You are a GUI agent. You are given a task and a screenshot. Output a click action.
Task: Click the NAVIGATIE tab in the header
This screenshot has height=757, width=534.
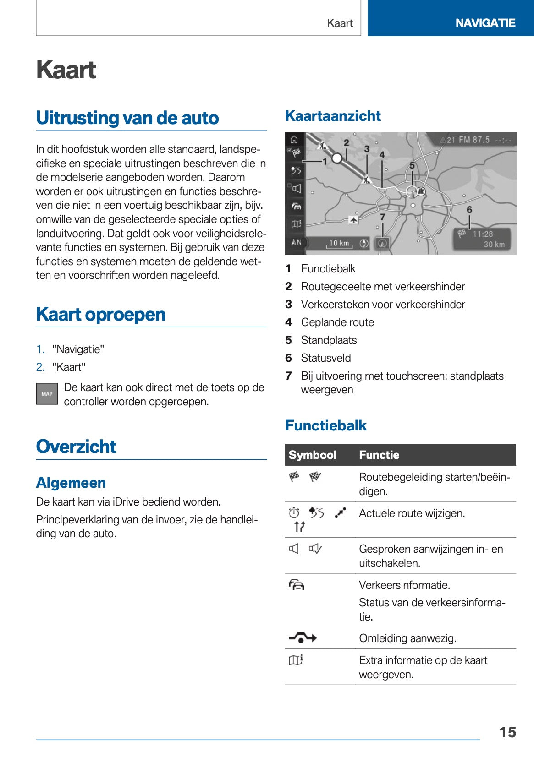[x=485, y=23]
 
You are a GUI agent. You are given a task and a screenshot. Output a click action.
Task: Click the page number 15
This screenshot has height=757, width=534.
[x=507, y=732]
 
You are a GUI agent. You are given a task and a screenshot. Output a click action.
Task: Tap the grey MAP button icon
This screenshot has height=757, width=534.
[x=47, y=394]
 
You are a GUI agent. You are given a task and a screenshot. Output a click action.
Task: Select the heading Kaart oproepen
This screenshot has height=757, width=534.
[x=101, y=315]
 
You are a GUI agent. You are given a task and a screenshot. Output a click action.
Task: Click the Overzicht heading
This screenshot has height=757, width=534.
[x=76, y=447]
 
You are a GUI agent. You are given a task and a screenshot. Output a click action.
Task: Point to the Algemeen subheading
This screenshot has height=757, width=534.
[x=71, y=483]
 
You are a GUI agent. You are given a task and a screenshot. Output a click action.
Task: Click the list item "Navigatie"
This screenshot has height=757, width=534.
[x=78, y=349]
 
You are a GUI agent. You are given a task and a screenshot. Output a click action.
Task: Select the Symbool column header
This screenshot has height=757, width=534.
[x=313, y=455]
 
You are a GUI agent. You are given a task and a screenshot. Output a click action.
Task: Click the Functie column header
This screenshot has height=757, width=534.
[x=379, y=455]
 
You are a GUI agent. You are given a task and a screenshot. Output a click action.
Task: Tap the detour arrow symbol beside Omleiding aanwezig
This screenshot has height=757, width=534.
[x=303, y=638]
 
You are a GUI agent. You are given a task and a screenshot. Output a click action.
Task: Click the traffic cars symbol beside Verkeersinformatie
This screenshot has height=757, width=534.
[x=297, y=585]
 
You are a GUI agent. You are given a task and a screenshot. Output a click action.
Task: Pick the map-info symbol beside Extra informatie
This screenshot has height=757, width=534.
[x=296, y=660]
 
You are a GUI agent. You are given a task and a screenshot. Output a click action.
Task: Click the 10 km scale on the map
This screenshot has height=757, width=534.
[x=339, y=243]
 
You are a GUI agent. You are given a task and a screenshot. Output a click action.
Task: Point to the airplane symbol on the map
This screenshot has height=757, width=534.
[x=353, y=220]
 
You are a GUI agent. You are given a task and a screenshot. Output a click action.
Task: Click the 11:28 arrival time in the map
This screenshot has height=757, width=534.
[x=483, y=234]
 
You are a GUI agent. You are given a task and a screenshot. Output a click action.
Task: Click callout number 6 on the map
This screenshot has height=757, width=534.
[x=469, y=210]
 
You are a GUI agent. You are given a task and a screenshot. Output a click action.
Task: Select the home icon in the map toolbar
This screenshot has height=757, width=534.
[x=294, y=140]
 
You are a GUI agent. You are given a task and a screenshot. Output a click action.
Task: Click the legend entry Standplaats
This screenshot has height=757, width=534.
[x=329, y=340]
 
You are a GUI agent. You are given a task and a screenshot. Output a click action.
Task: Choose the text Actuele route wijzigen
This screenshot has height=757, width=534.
[x=412, y=513]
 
